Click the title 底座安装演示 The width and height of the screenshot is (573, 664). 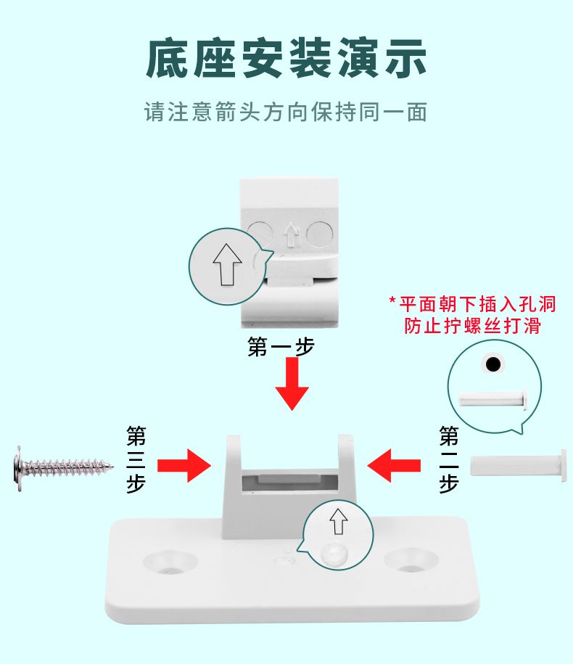coord(286,60)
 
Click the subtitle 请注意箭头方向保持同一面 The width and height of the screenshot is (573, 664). coord(286,112)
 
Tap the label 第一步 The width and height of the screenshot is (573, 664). coord(281,347)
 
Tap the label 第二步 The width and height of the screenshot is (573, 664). coord(449,460)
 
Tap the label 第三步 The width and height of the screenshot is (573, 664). coord(136,460)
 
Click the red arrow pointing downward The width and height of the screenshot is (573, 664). coord(292,385)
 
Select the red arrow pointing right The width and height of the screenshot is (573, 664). coord(184,465)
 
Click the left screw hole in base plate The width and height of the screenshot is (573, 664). coord(170,560)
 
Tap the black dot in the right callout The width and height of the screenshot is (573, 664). coord(494,364)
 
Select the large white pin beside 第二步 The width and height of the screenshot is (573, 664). coord(519,464)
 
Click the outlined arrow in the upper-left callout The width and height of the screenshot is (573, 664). coord(227,263)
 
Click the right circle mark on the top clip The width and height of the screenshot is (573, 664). coord(319,234)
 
